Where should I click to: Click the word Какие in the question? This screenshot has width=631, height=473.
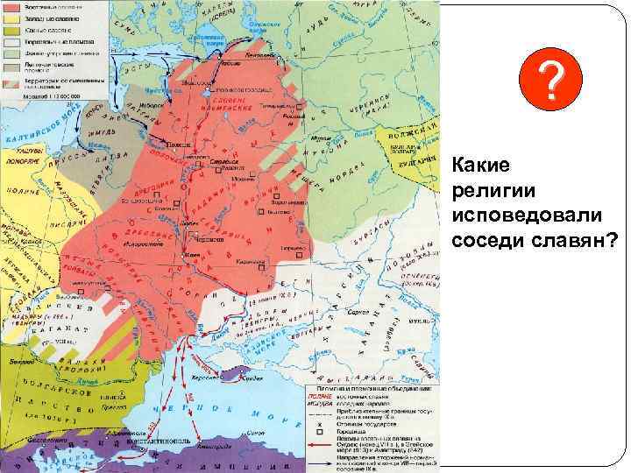click(478, 165)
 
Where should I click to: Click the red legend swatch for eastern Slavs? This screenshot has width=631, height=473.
click(15, 6)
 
